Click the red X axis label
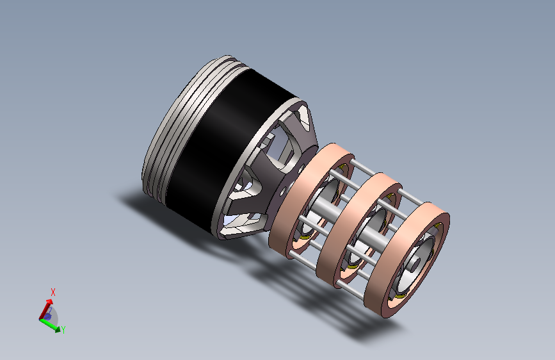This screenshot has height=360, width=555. (x=53, y=292)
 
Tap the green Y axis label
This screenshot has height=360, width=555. (x=63, y=330)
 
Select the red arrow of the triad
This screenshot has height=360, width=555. (x=45, y=309)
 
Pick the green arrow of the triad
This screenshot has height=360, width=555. (x=51, y=325)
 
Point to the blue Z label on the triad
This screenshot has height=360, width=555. (x=50, y=311)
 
